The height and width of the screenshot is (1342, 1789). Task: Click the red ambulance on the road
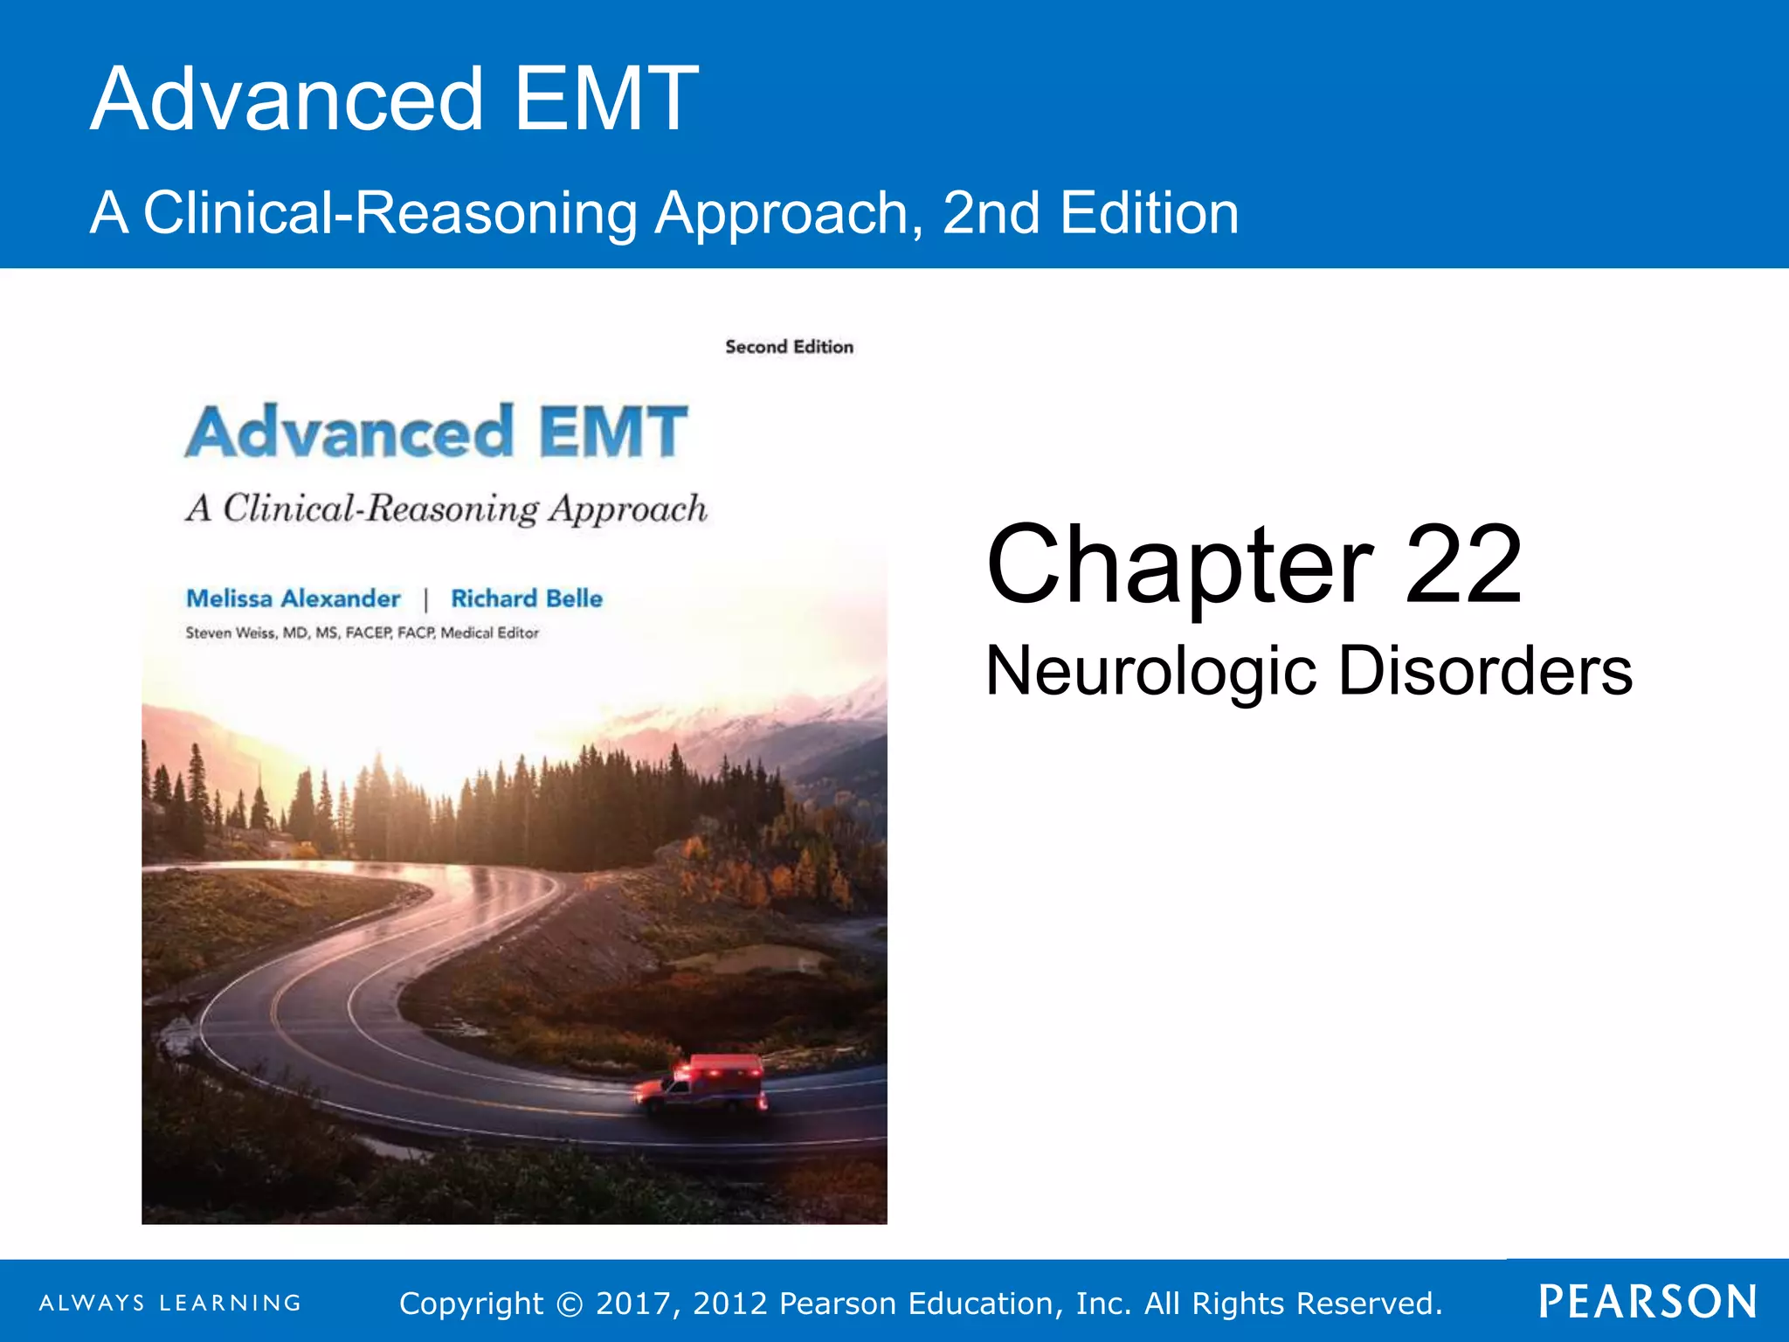pos(703,1085)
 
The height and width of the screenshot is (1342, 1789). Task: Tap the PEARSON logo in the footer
pos(1647,1302)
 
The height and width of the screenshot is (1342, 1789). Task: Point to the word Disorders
pos(1485,672)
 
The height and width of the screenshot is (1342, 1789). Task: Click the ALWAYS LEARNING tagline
pos(170,1303)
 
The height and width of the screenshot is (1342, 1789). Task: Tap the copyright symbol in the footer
pos(570,1304)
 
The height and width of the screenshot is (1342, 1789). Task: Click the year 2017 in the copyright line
pos(634,1304)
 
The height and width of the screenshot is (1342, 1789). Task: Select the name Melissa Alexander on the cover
pos(294,598)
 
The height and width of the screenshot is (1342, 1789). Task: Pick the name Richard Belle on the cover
pos(527,598)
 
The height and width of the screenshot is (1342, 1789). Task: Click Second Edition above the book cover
pos(789,347)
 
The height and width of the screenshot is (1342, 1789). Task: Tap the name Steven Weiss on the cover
pos(229,633)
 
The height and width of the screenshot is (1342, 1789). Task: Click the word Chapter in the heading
pos(1179,565)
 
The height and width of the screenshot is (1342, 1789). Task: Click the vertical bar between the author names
pos(425,599)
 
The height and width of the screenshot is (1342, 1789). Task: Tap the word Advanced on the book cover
pos(349,432)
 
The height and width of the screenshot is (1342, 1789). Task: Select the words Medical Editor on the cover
pos(489,633)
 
